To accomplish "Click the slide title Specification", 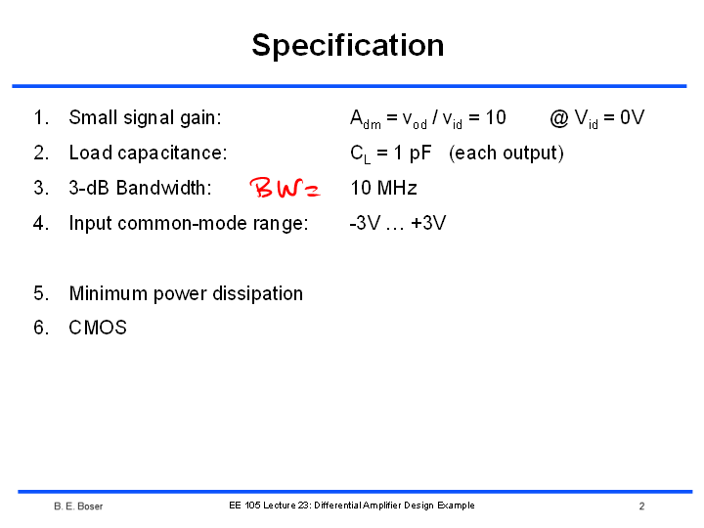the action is pyautogui.click(x=348, y=46).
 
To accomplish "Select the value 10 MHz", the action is pyautogui.click(x=383, y=188).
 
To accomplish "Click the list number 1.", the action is pyautogui.click(x=41, y=117).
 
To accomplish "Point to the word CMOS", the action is pyautogui.click(x=98, y=328).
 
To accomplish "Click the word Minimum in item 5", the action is pyautogui.click(x=109, y=293).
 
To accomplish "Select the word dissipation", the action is pyautogui.click(x=258, y=293).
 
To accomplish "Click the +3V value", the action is pyautogui.click(x=428, y=223).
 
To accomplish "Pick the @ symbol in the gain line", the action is pyautogui.click(x=559, y=118).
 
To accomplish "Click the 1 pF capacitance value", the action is pyautogui.click(x=413, y=154).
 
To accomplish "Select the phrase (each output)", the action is pyautogui.click(x=506, y=154).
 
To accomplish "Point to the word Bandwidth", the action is pyautogui.click(x=163, y=188).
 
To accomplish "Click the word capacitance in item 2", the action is pyautogui.click(x=172, y=154).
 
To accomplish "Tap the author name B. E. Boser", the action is pyautogui.click(x=78, y=506).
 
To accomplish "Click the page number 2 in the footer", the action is pyautogui.click(x=642, y=506).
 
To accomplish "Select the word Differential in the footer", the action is pyautogui.click(x=338, y=506).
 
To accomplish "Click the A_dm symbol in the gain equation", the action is pyautogui.click(x=366, y=119).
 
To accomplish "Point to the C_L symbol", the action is pyautogui.click(x=361, y=154).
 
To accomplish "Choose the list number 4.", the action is pyautogui.click(x=41, y=223).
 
